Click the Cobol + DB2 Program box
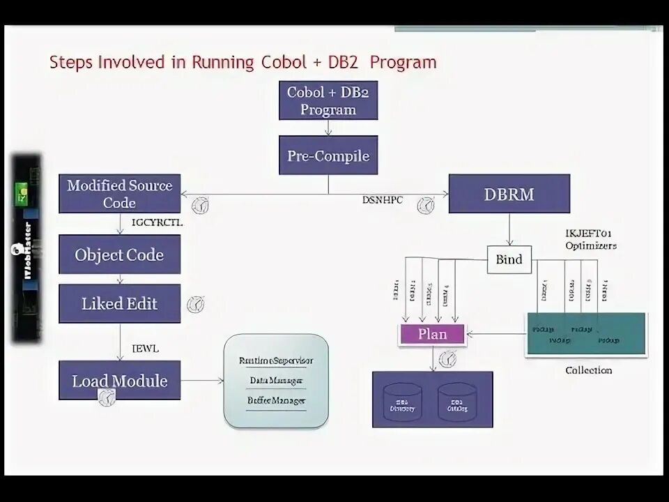[x=328, y=100]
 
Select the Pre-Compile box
[x=328, y=155]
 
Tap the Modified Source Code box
[x=119, y=194]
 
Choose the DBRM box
[x=509, y=194]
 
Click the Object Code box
[x=119, y=254]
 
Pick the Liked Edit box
[x=119, y=303]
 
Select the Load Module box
[x=119, y=381]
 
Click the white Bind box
[x=509, y=259]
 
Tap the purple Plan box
[x=432, y=334]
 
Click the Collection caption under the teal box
[x=588, y=370]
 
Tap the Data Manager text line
[x=276, y=381]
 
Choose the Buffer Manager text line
[x=276, y=400]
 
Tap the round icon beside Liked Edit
[x=196, y=304]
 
